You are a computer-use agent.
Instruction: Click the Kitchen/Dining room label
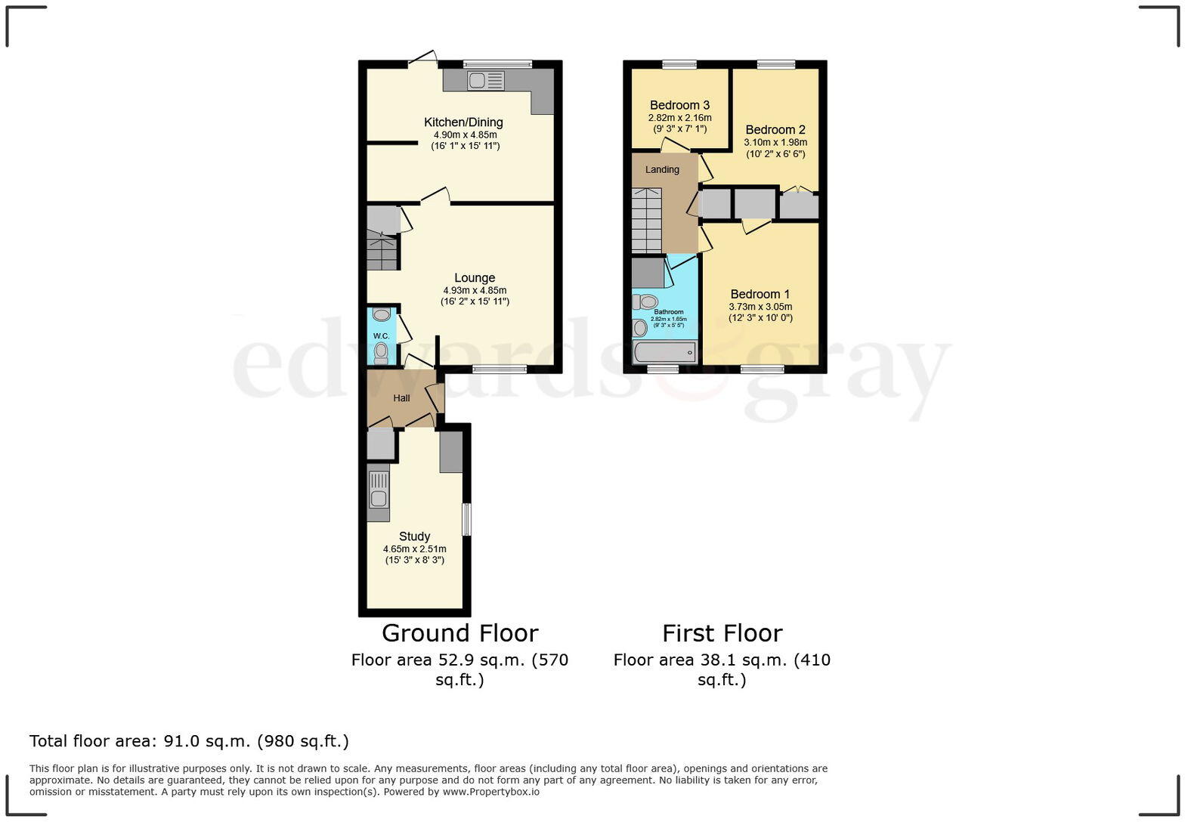point(463,122)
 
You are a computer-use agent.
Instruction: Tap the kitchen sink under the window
point(485,80)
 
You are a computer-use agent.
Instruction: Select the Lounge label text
point(475,278)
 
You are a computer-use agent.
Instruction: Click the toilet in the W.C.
point(381,352)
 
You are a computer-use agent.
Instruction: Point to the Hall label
point(401,398)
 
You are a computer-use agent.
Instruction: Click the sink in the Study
point(378,492)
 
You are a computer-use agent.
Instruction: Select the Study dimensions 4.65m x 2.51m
point(414,549)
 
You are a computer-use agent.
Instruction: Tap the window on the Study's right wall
point(466,519)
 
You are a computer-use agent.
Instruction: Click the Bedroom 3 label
point(679,105)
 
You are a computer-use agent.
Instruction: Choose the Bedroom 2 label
point(775,130)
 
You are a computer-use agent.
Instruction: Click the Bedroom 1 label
point(760,295)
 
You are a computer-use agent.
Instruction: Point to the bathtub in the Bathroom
point(664,352)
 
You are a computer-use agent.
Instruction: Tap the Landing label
point(662,170)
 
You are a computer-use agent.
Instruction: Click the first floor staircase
point(646,221)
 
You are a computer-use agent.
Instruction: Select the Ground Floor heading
point(459,633)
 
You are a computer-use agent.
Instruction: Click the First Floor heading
point(722,633)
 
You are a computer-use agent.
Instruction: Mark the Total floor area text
point(189,741)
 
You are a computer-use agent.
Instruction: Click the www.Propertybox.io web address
point(490,792)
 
